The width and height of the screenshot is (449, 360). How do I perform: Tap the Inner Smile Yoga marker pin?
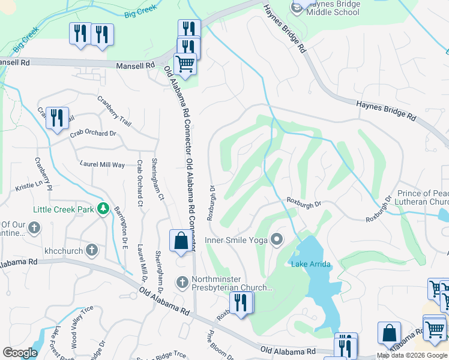click(277, 240)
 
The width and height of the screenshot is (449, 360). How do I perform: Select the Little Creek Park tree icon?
click(103, 209)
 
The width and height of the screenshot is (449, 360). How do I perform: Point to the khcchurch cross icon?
click(92, 250)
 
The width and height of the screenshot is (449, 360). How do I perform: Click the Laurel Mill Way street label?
click(102, 164)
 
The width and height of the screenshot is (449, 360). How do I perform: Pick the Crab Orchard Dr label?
click(92, 133)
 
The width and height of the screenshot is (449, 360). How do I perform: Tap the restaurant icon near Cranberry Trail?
click(57, 118)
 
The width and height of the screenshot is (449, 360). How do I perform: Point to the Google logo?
click(20, 353)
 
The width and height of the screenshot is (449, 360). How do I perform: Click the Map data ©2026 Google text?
click(412, 356)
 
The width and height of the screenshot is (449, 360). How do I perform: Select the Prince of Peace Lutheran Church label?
click(414, 197)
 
